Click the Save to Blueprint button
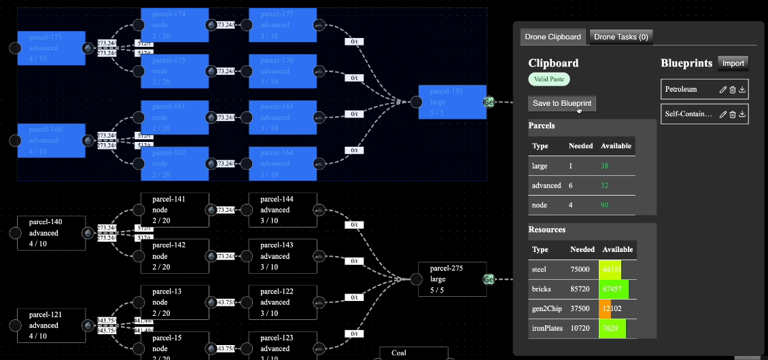[562, 103]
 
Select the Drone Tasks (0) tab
[621, 37]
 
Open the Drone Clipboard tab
[553, 37]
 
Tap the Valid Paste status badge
[549, 79]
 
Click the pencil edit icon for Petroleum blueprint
[723, 89]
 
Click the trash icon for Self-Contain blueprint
[733, 114]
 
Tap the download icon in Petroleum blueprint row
[742, 89]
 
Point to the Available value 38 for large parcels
[605, 165]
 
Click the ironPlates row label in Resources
[546, 329]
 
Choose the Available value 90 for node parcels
[605, 204]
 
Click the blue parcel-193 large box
[452, 102]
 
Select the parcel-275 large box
[452, 278]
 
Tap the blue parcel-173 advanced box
[51, 48]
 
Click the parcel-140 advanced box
[51, 233]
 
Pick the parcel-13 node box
[175, 302]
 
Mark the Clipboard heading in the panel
[553, 63]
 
